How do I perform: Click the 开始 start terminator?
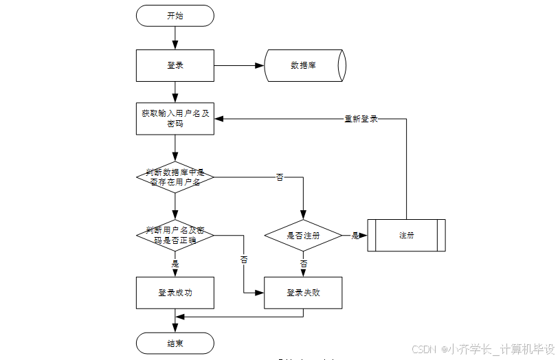(175, 16)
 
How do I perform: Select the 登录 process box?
(175, 66)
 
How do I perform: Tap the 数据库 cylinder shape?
(304, 66)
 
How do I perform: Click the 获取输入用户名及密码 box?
(175, 119)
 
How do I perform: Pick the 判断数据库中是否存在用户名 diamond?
(175, 177)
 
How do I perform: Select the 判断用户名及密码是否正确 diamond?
(175, 235)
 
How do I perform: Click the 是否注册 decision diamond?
(303, 236)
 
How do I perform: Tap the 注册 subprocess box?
(406, 236)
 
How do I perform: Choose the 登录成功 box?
(175, 293)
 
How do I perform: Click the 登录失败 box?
(303, 293)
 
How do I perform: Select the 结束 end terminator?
(175, 343)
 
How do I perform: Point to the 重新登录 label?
(361, 119)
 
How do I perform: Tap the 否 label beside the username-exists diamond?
(280, 178)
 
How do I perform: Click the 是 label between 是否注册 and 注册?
(355, 236)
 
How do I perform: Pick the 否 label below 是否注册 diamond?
(303, 263)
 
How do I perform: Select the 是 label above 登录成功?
(175, 264)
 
